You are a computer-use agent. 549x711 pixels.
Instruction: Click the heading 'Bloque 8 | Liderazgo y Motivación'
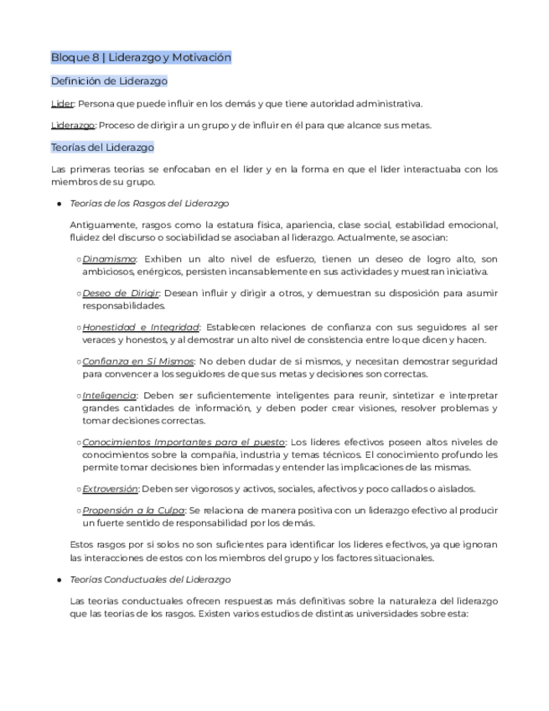141,58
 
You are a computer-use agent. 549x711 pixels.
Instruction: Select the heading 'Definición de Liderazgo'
109,81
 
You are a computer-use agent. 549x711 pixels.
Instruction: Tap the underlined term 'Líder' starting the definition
62,104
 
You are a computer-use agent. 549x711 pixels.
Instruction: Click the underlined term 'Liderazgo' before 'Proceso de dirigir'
72,126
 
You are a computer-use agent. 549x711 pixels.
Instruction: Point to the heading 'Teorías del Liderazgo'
102,148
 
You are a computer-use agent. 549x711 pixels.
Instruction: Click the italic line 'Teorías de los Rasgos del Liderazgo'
149,204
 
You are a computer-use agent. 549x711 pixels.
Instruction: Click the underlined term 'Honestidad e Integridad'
140,327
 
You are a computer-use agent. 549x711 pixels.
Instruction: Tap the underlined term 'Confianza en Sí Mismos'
137,361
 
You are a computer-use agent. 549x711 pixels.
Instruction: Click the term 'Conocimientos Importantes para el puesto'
184,442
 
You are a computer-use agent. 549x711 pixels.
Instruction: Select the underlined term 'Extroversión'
110,489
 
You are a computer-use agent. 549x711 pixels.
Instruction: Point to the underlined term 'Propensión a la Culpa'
133,511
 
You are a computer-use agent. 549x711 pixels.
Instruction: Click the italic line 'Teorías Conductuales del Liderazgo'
150,579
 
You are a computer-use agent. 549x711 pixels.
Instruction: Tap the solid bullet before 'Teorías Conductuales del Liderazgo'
59,579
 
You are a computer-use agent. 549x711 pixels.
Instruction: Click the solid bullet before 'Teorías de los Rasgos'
59,204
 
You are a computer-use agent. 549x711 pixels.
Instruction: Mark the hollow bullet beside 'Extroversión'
78,489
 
